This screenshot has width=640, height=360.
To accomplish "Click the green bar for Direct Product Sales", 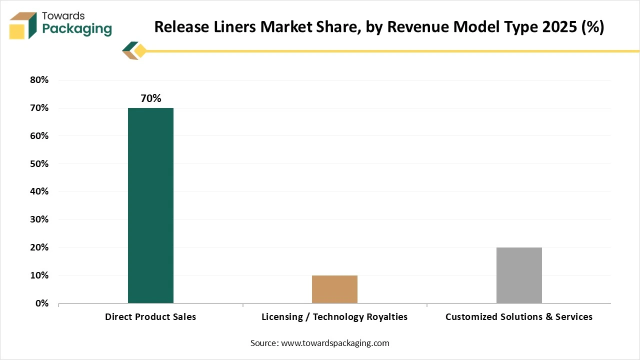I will pos(150,205).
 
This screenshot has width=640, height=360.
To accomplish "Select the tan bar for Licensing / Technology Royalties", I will pos(334,289).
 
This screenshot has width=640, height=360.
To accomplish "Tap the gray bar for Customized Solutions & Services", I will pos(519,275).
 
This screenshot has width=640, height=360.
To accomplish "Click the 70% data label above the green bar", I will pos(150,98).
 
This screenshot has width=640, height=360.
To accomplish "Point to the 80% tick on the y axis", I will pos(38,80).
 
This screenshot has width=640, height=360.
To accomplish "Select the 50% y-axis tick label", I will pos(38,164).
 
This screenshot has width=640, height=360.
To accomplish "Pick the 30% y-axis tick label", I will pos(38,219).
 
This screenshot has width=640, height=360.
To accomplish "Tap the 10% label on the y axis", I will pos(38,275).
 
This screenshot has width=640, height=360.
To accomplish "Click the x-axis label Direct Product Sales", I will pos(150,317).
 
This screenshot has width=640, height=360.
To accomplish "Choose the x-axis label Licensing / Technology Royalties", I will pos(334,317).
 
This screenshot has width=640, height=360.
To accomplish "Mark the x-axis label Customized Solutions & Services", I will pos(519,317).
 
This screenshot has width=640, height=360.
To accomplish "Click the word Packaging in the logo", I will pos(77,29).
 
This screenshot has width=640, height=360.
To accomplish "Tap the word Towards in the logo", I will pos(63,15).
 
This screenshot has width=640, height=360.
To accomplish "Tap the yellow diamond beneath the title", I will pos(140,50).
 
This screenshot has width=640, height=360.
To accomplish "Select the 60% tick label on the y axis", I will pos(38,136).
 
